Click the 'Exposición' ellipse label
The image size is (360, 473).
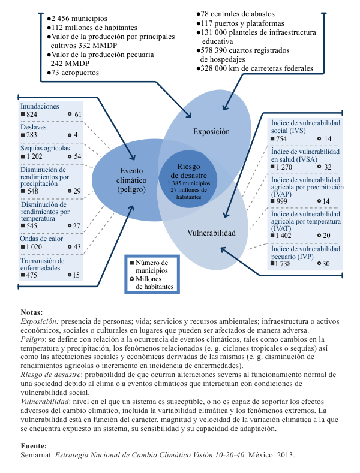(211, 132)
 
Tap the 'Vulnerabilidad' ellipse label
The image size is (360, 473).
(211, 233)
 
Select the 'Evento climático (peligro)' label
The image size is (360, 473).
(131, 180)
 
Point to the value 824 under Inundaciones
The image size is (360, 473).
(32, 115)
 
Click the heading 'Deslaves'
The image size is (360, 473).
(33, 127)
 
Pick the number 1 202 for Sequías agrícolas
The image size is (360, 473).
(34, 156)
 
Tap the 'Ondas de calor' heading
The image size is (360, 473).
(41, 239)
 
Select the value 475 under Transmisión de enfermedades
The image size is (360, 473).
(31, 275)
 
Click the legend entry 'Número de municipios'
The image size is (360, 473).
(152, 266)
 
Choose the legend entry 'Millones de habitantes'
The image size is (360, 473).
(154, 282)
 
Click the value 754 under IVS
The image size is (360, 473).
(281, 139)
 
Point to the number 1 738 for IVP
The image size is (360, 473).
(283, 264)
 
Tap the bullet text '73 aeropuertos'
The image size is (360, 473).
(75, 73)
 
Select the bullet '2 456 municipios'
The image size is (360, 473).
(79, 19)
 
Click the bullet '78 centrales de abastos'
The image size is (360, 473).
(238, 14)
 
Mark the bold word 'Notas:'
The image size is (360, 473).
(32, 312)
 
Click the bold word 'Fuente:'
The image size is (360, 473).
(34, 446)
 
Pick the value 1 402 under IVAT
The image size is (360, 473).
(283, 236)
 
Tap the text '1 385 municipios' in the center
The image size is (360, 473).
(189, 183)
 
